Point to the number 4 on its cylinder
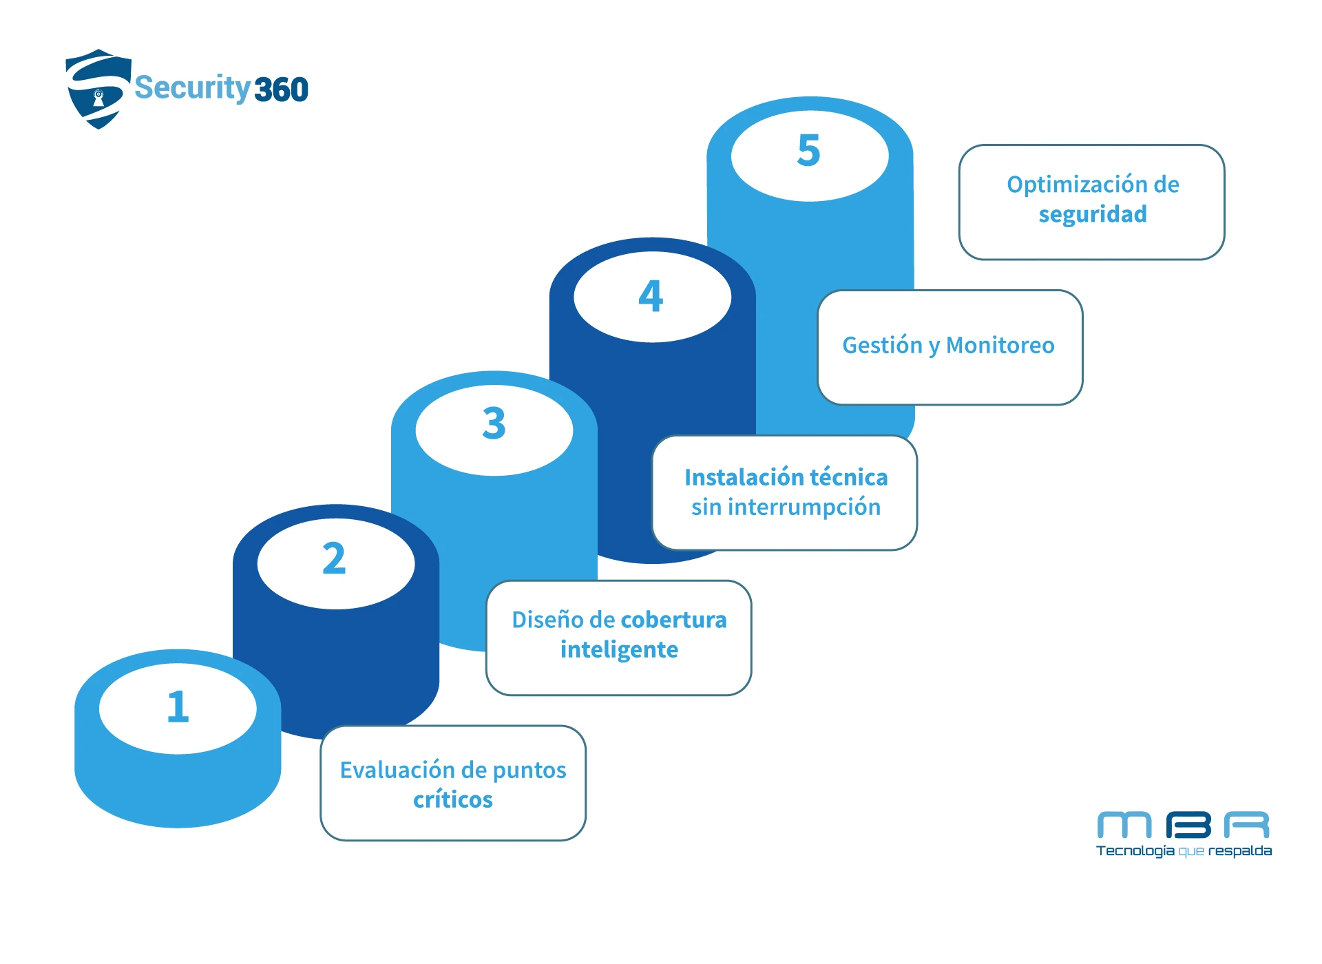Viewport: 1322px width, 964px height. tap(651, 296)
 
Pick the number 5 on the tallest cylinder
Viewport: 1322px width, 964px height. tap(809, 150)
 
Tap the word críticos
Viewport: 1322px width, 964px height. tap(453, 799)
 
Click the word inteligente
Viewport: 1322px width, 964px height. tap(619, 649)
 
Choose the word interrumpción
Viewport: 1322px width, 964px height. tap(804, 507)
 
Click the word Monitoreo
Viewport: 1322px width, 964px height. tap(1000, 345)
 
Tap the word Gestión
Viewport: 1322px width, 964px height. tap(882, 345)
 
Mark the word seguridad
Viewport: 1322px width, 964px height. tap(1093, 214)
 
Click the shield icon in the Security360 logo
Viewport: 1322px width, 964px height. tap(98, 89)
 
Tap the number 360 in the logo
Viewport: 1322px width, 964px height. tap(281, 90)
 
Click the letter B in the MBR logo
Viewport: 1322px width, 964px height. tap(1188, 825)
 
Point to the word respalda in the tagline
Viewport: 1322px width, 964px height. tap(1239, 851)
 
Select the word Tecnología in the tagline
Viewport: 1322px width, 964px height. tap(1135, 851)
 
